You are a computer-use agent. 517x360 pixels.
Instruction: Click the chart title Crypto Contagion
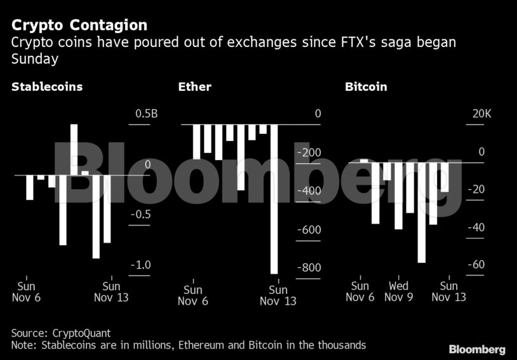79,25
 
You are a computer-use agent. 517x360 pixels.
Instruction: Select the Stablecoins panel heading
47,87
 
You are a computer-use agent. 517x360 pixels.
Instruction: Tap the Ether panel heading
195,87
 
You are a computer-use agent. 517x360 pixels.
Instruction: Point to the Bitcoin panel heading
366,87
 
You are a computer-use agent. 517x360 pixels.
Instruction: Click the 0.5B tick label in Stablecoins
147,114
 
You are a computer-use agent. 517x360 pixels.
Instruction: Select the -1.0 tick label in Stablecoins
141,265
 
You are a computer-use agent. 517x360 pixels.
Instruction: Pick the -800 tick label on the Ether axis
309,268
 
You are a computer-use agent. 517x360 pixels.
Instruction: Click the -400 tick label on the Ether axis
309,191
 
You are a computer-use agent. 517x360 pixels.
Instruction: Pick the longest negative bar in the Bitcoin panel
421,212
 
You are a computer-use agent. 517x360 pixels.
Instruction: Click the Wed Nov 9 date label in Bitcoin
398,291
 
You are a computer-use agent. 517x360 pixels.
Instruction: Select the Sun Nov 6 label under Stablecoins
26,291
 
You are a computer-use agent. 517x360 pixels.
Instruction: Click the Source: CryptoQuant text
61,333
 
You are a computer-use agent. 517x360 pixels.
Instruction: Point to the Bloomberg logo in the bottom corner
477,349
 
